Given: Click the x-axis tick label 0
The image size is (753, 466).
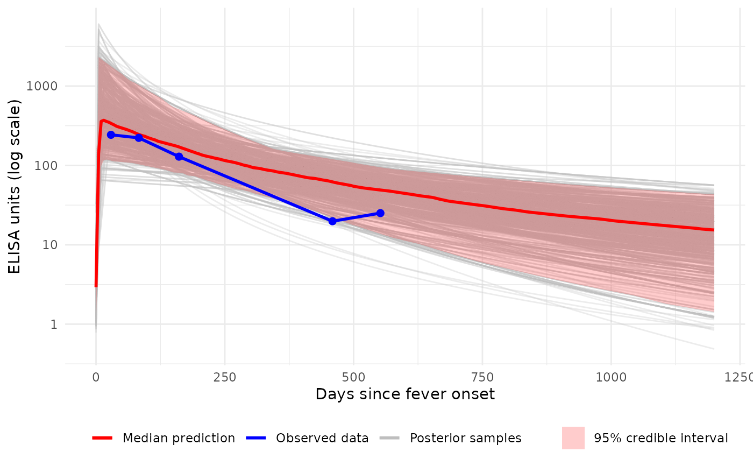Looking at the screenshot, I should point(96,377).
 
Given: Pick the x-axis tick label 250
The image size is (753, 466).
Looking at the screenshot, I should point(224,377).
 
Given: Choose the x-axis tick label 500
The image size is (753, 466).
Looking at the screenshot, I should point(353,377).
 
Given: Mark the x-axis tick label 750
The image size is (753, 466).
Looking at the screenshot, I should point(482,377).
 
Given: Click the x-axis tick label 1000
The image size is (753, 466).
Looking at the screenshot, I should point(611,377).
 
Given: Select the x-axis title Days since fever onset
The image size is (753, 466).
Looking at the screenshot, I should point(405,394).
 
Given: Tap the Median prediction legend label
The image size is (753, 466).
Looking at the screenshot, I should point(179,438).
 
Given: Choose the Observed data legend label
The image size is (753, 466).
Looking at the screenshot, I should point(322,438).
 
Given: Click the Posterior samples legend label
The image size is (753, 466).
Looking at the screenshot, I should point(465,438).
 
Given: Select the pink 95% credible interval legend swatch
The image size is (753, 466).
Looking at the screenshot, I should point(573,438).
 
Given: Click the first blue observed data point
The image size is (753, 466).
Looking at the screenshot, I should point(111,135).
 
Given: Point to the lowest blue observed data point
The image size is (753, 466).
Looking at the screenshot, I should point(332,221).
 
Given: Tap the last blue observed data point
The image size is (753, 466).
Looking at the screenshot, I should point(380,213).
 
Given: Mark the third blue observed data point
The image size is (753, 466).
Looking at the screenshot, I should point(179,157).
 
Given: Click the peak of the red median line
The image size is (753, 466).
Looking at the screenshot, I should point(103,120).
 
